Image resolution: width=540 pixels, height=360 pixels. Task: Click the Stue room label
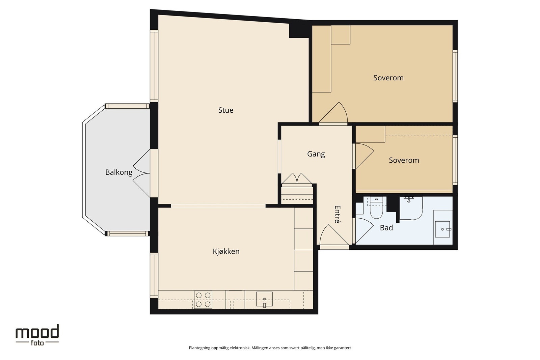coord(226,110)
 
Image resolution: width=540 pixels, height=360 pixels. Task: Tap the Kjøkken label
coord(226,251)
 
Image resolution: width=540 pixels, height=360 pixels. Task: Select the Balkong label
coord(118,172)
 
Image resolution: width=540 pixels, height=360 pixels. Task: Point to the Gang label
coord(316,154)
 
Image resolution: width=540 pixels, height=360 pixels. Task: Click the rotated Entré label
coord(337,214)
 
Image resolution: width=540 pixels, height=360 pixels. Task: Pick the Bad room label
coord(386,228)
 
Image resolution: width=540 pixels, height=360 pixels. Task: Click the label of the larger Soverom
coord(388,78)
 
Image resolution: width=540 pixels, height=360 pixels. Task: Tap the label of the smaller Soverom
coord(404,160)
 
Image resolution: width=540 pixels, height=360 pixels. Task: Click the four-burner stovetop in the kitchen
coord(203,300)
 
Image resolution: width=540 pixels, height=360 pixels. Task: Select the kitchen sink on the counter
coord(264,299)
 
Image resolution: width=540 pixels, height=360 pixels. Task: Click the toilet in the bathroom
coord(376,208)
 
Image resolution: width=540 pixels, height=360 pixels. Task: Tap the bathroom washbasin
coord(442,229)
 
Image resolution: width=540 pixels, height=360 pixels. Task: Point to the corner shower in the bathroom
coord(411,208)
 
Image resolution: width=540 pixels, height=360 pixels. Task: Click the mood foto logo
coord(37,335)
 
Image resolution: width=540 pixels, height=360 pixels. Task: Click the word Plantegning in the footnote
coord(199,348)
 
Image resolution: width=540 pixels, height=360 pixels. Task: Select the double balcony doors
coord(141,173)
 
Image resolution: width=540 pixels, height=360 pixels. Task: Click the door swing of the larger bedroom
coord(333,112)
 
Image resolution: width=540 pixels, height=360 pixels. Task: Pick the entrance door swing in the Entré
coord(334,235)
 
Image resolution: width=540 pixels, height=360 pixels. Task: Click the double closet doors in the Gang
coord(297,178)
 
